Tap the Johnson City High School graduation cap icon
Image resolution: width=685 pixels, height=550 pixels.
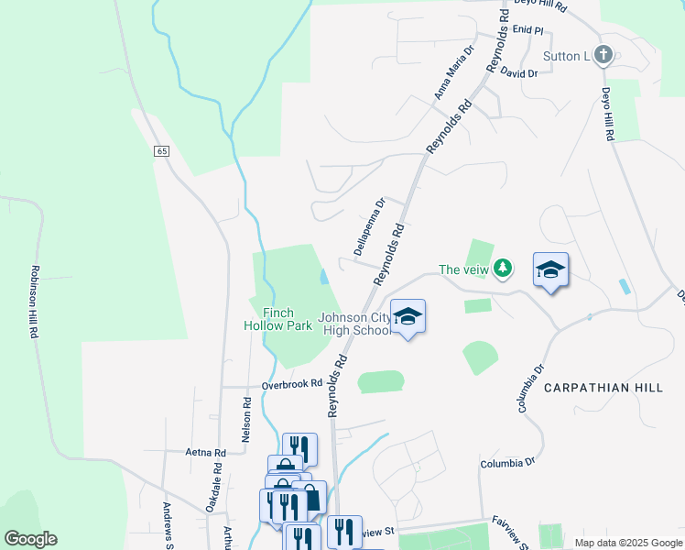click(408, 316)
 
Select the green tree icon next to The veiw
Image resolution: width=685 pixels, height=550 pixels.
click(502, 269)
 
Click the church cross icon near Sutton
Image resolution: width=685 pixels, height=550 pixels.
click(603, 55)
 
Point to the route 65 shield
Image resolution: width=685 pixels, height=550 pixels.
click(161, 151)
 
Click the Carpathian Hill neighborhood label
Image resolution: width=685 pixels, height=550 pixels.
click(603, 388)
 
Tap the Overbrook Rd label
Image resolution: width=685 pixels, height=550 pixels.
click(292, 385)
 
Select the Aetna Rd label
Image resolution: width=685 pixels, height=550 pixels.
click(205, 453)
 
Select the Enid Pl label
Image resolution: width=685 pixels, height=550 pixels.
click(528, 30)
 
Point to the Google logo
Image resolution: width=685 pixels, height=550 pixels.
click(30, 539)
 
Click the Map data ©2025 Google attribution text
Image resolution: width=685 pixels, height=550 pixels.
click(628, 543)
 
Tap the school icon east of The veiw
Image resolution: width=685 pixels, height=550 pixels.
click(550, 269)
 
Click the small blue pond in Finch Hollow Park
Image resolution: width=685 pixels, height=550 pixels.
click(325, 276)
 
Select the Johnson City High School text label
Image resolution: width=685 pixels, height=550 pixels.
click(354, 324)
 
